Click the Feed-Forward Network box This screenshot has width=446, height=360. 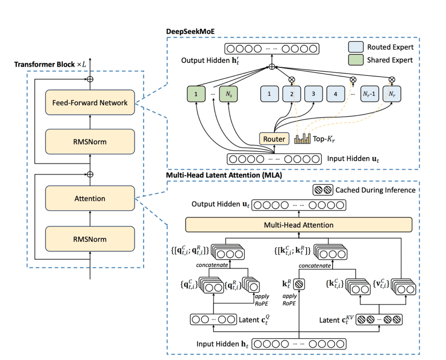click(x=90, y=103)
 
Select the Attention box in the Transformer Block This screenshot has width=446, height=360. click(x=90, y=198)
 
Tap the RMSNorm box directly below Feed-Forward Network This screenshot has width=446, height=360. click(x=90, y=142)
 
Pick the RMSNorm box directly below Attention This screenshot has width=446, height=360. click(x=90, y=239)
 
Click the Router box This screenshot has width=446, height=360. click(x=274, y=139)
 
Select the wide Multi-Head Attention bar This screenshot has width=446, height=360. click(x=299, y=225)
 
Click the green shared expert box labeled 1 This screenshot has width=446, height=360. click(x=196, y=94)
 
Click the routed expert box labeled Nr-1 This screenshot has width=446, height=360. click(x=369, y=94)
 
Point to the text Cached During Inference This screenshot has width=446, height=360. click(x=375, y=190)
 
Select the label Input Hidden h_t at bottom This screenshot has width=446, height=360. click(x=219, y=344)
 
